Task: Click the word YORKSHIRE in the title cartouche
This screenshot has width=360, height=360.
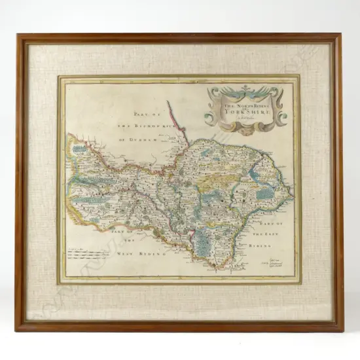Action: [x=247, y=111]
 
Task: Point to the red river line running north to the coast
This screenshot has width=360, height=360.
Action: [x=177, y=121]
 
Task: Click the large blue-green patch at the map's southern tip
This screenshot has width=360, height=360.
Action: [x=206, y=246]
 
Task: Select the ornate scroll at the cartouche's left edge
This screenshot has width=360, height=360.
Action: [x=211, y=111]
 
